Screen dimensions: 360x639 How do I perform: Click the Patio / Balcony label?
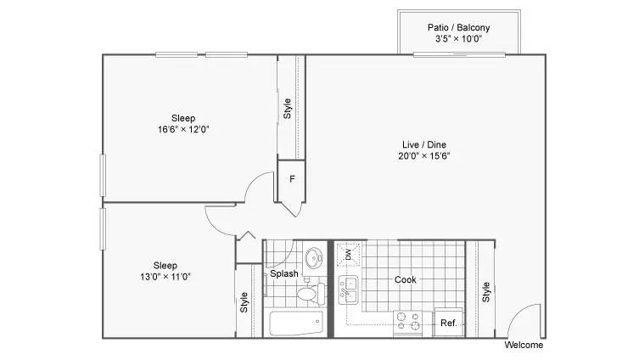coord(458,27)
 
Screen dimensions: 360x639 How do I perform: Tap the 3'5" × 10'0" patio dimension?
coord(458,39)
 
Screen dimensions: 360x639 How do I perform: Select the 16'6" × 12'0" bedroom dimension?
coord(183,130)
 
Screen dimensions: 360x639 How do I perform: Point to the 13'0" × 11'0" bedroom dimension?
coord(165,276)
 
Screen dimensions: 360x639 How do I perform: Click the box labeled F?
coord(291,179)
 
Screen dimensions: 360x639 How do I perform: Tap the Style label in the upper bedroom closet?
coord(288,109)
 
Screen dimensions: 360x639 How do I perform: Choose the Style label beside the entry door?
coord(486,291)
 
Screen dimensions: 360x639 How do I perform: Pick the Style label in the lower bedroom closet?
coord(244,301)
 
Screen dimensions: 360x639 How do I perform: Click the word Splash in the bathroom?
coord(283,273)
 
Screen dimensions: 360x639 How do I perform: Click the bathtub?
coord(295,323)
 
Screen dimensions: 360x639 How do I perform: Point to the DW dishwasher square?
coord(348,254)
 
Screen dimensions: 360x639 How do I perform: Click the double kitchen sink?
coord(348,290)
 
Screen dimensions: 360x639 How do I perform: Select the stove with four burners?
coord(408,322)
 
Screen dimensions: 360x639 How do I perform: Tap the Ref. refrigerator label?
coord(448,323)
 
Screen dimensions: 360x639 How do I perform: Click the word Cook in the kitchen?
coord(406,279)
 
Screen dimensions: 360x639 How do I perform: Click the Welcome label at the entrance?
coord(524,346)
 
